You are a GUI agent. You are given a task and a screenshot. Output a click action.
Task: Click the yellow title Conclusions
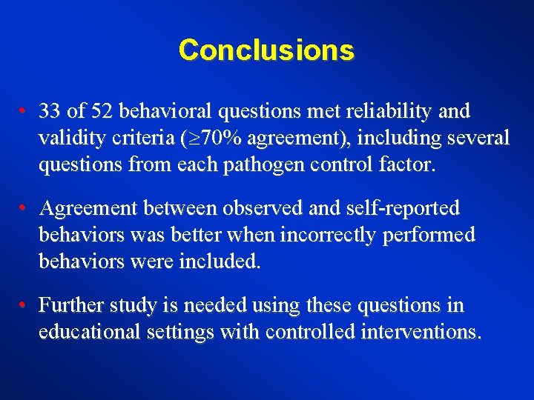(x=266, y=50)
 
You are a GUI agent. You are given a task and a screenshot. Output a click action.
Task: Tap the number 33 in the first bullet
(x=50, y=112)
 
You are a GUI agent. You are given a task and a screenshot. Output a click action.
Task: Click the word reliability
(x=387, y=112)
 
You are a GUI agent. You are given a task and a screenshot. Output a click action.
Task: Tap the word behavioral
(x=164, y=112)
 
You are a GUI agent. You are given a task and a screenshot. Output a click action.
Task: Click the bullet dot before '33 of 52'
(x=24, y=112)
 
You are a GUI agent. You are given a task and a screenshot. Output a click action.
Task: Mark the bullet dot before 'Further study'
(x=24, y=306)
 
